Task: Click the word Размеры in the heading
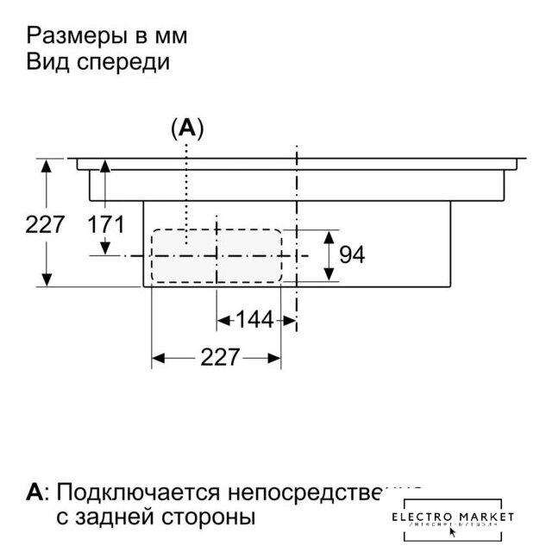point(71,37)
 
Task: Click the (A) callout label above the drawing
point(187,129)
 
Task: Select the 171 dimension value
point(106,225)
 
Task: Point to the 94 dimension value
point(351,255)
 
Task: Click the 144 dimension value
point(254,320)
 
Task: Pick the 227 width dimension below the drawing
point(218,357)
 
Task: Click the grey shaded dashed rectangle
point(216,255)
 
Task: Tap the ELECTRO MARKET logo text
point(452,516)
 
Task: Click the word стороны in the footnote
point(209,518)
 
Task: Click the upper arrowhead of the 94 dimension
point(329,235)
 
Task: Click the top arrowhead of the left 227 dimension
point(45,164)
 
